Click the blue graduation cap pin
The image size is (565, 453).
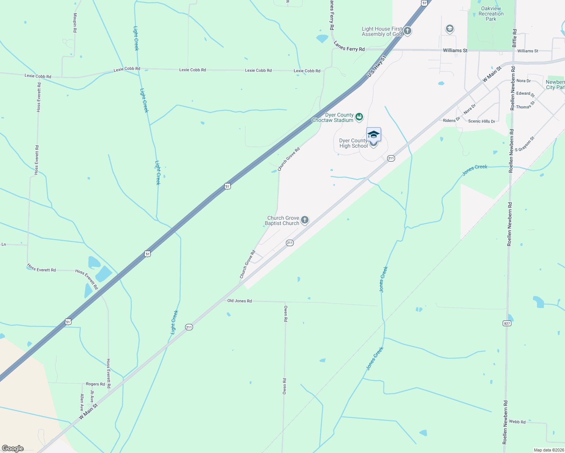(x=374, y=134)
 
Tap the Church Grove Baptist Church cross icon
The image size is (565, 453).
(x=305, y=220)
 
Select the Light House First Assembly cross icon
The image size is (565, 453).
(x=407, y=31)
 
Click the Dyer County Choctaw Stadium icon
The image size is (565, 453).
(x=359, y=117)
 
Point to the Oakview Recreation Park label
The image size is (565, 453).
(x=491, y=14)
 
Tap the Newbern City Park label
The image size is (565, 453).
(x=555, y=85)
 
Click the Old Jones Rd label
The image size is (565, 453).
(x=239, y=301)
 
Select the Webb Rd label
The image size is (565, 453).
(x=517, y=422)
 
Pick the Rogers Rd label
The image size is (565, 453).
(x=95, y=384)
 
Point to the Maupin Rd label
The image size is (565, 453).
(x=75, y=23)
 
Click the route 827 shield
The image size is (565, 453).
(x=507, y=323)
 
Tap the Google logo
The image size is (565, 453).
(x=13, y=448)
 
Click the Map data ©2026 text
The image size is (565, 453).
(x=548, y=450)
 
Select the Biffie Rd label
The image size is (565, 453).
(x=514, y=38)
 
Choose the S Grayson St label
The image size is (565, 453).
(x=525, y=144)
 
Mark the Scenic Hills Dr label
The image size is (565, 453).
(x=482, y=121)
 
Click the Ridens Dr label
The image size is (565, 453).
(x=451, y=120)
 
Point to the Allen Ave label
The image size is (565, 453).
(x=82, y=402)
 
